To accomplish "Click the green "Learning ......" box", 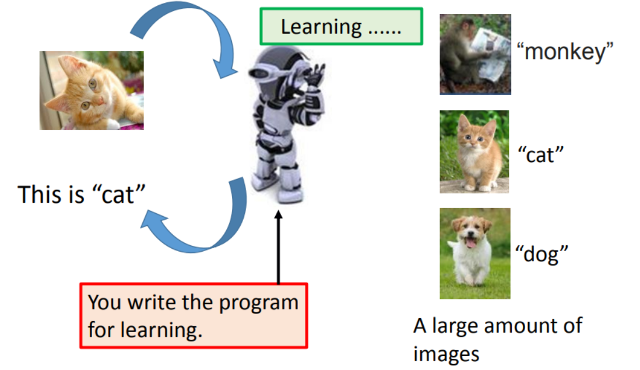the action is [x=341, y=27].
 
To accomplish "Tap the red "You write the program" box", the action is [x=193, y=316].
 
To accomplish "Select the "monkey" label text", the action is [x=565, y=52].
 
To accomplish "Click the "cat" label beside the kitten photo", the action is [x=541, y=154].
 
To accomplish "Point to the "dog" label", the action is [x=541, y=253].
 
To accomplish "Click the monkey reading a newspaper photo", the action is [x=475, y=54].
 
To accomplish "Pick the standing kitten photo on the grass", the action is [x=474, y=151].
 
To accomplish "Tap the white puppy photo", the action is [x=474, y=253].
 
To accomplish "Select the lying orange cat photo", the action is [x=92, y=90].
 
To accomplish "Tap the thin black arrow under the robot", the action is [x=278, y=248].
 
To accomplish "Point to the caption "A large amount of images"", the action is [x=497, y=339].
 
